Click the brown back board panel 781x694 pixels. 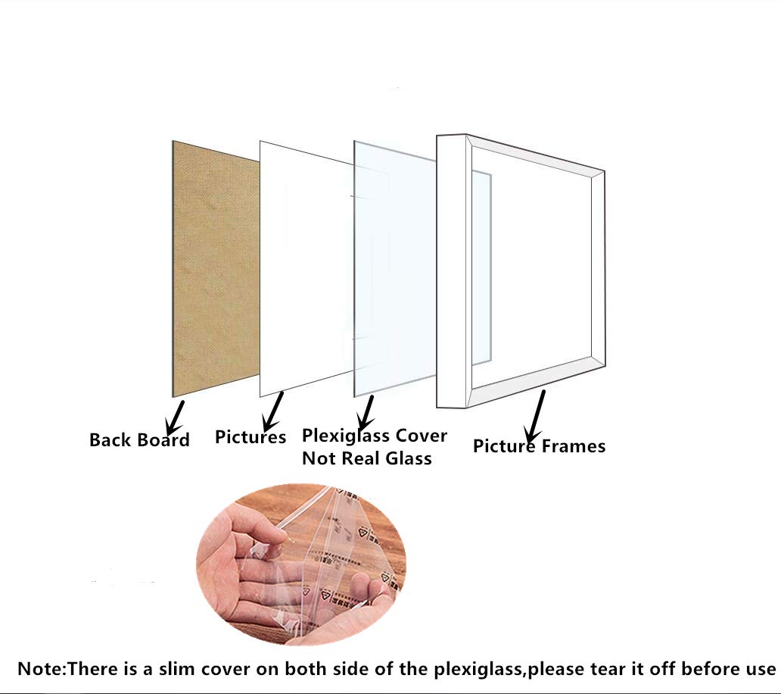215,269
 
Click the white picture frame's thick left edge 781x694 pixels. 452,272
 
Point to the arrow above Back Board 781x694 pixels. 176,417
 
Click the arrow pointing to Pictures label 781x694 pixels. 273,411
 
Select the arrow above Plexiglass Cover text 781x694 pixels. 366,412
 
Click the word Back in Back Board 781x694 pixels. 110,439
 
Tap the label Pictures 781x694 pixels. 250,436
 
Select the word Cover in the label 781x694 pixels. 422,436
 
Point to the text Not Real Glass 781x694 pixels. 367,458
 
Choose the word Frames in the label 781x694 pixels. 574,445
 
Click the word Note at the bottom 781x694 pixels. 40,668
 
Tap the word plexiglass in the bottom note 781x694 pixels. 479,669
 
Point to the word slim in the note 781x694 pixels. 176,668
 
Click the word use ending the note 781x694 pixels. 760,670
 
